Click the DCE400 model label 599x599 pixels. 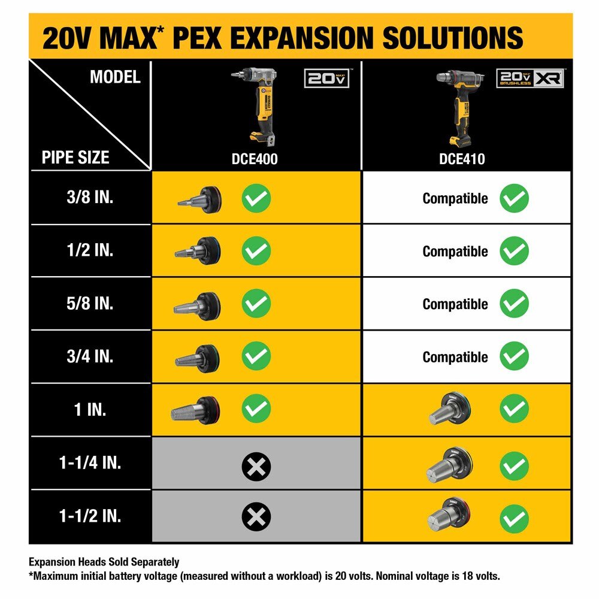(x=256, y=159)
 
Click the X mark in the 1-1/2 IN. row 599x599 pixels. (x=256, y=516)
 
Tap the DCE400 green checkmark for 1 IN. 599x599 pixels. (x=256, y=409)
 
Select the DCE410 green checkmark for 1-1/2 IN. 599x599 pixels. (x=514, y=516)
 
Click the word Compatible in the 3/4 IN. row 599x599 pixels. (x=455, y=357)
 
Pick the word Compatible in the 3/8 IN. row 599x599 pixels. (x=455, y=198)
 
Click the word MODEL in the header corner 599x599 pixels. (x=115, y=77)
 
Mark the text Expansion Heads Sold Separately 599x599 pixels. (x=104, y=562)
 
